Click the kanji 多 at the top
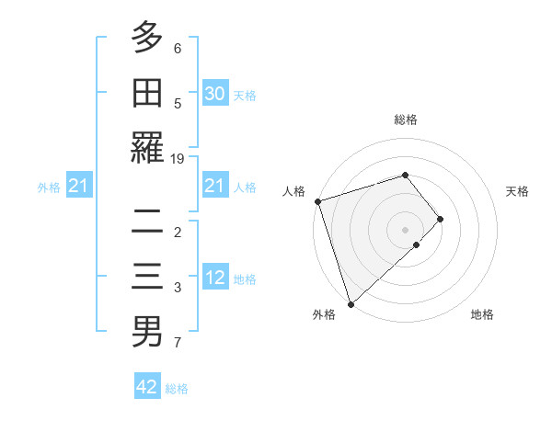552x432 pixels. tap(147, 38)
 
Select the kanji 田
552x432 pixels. tap(147, 94)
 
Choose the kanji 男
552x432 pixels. tap(147, 331)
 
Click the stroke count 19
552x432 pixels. tap(178, 159)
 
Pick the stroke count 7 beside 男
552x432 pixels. tap(178, 344)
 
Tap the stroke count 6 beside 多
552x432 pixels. tap(178, 48)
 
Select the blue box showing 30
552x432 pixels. tap(215, 93)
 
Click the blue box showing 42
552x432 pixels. tap(147, 387)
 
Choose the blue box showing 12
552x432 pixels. tap(215, 278)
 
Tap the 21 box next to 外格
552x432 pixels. tap(79, 187)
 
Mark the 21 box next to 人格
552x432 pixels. tap(215, 187)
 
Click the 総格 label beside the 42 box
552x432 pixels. tap(177, 389)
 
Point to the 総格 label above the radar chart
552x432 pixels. tap(405, 119)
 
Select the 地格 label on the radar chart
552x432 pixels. tap(482, 314)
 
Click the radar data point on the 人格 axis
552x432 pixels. tap(317, 200)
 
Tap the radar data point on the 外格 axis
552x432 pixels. tap(351, 302)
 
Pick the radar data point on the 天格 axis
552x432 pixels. tap(441, 219)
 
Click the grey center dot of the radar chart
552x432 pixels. tap(405, 229)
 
